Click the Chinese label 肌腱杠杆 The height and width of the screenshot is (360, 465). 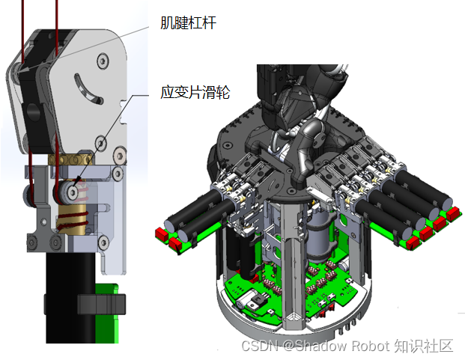pos(188,22)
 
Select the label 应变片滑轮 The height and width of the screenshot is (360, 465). pos(195,92)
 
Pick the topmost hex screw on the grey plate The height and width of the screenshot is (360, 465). pos(103,61)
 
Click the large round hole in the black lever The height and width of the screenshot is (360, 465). pos(33,112)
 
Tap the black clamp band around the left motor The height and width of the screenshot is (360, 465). pos(101,304)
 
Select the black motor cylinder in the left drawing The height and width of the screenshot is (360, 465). pos(70,298)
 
